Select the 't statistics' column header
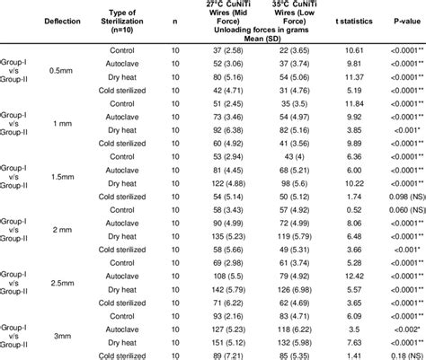pos(345,22)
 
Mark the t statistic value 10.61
pos(345,54)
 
